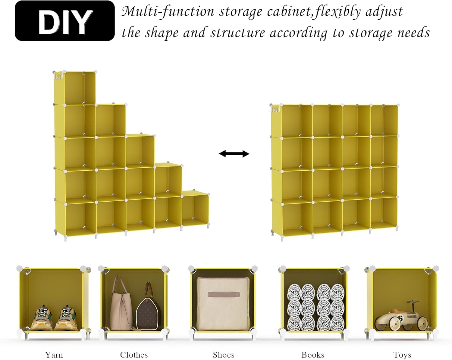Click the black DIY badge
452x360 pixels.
64,21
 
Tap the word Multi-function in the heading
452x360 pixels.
168,11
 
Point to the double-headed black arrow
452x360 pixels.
234,154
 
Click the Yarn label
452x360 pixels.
54,355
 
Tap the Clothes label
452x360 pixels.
134,355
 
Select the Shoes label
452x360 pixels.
223,355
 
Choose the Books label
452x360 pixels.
313,355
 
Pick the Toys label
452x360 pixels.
402,355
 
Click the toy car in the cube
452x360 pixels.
401,317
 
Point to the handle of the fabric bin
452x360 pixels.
223,294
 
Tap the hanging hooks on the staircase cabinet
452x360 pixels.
58,76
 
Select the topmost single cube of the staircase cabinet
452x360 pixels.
75,88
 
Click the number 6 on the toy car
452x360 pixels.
400,318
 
